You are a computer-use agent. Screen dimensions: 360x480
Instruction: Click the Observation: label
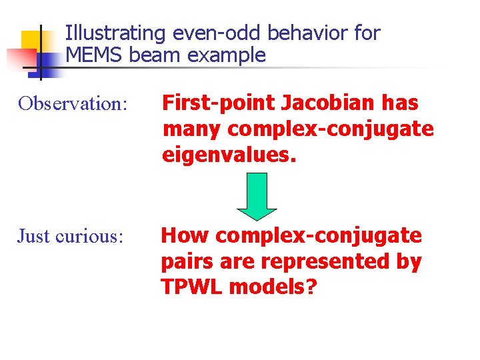(x=73, y=104)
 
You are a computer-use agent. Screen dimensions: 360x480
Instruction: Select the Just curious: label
(x=71, y=236)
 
